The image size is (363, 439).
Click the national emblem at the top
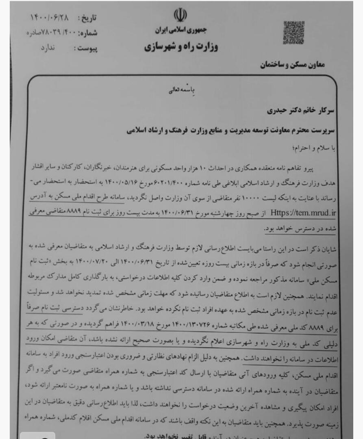(x=180, y=15)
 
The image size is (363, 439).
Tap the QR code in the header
(x=293, y=32)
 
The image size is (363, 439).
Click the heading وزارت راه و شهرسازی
(x=181, y=47)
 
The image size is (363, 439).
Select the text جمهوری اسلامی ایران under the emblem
(x=181, y=30)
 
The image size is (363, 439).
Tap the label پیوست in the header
(x=86, y=49)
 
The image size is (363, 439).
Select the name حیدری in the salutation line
(x=278, y=110)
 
